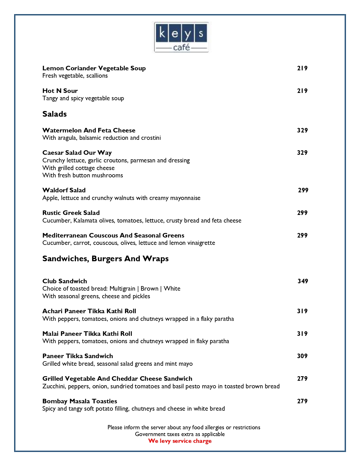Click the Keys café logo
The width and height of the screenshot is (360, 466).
click(x=181, y=37)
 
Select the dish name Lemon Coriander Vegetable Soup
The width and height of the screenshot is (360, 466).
click(x=94, y=68)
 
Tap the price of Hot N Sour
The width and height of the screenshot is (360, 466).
click(x=302, y=91)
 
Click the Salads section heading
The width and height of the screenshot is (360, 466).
click(x=54, y=114)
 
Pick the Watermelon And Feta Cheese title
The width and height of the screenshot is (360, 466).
click(x=89, y=130)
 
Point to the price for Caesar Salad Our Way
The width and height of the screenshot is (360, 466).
click(x=302, y=153)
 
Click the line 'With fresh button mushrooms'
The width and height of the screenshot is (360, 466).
click(x=83, y=175)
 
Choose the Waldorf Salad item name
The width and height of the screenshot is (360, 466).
click(x=64, y=190)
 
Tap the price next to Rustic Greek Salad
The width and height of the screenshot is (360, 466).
click(x=302, y=213)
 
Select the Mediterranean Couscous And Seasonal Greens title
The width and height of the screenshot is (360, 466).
click(x=113, y=236)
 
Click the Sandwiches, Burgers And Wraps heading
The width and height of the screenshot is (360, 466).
click(x=105, y=259)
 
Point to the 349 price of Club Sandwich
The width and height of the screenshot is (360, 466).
click(x=303, y=281)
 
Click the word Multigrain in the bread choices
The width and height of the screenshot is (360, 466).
click(x=122, y=289)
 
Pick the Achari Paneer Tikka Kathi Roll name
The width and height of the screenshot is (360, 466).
click(x=89, y=311)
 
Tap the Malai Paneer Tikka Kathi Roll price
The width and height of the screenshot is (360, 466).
click(x=302, y=334)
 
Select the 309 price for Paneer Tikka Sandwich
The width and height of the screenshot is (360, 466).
click(x=302, y=356)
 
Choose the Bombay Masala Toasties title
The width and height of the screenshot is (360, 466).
click(x=80, y=401)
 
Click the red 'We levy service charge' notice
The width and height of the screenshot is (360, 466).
click(x=180, y=441)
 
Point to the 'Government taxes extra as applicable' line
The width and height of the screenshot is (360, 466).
click(x=180, y=434)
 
